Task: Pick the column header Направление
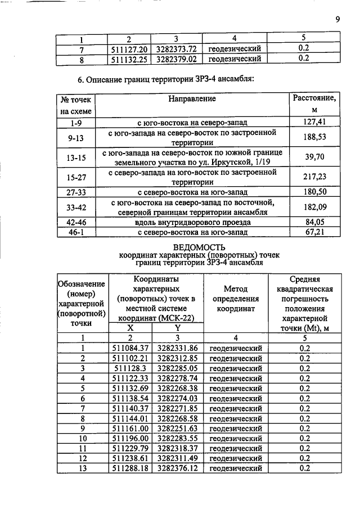192,99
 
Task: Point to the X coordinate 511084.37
130,348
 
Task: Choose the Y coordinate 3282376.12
178,467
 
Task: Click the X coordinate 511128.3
130,368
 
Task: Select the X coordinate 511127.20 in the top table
130,48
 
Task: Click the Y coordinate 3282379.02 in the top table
178,58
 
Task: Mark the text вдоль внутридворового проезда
192,222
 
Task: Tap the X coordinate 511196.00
130,438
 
